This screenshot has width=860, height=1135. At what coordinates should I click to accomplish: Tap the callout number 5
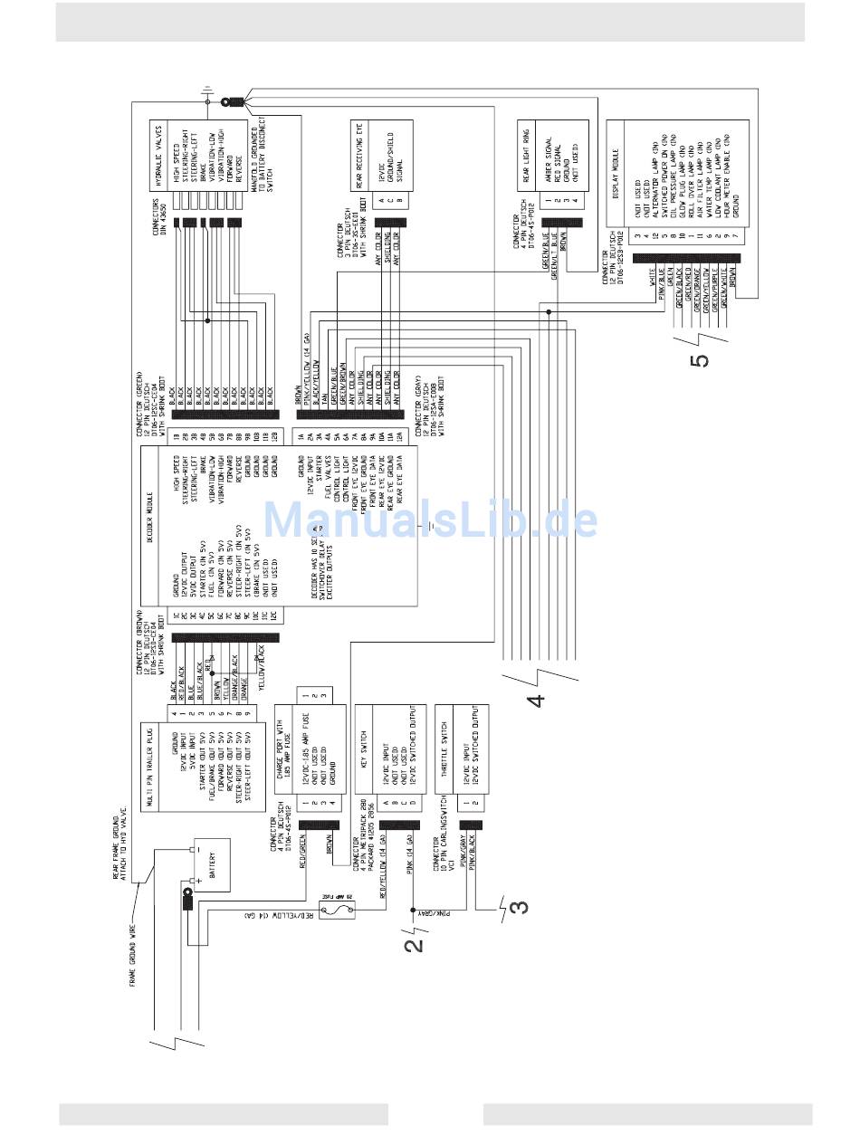click(x=699, y=358)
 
